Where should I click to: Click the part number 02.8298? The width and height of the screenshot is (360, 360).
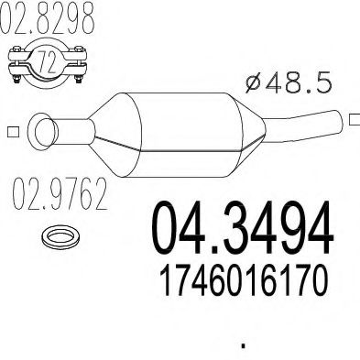(x=51, y=20)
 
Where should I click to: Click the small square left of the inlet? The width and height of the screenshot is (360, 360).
(x=10, y=130)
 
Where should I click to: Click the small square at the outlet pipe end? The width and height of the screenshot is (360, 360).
(x=352, y=115)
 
